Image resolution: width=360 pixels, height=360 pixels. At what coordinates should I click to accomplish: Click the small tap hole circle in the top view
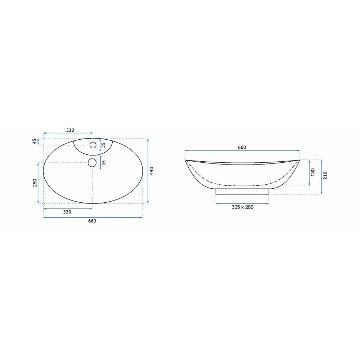point(93,145)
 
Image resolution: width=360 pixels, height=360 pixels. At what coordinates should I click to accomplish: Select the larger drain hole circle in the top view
point(92,163)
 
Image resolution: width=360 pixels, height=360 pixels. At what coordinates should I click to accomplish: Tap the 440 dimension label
point(152,171)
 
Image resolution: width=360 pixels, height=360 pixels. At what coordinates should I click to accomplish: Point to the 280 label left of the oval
point(35,183)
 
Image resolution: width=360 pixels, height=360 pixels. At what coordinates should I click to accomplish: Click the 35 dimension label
point(103,145)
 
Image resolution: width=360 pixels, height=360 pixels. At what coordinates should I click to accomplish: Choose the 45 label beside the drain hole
point(104,163)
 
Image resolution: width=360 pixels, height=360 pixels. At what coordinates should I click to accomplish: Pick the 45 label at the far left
point(35,141)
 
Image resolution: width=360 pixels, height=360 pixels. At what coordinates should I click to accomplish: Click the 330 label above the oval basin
point(70,130)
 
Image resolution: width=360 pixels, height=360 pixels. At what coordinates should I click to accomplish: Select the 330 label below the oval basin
point(67,212)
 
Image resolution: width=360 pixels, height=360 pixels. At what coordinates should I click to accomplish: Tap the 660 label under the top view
point(92,221)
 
